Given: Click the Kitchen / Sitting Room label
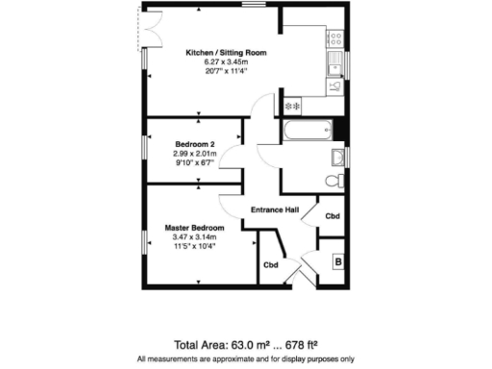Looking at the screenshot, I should click(x=227, y=52).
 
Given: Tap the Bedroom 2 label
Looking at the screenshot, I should click(x=194, y=143).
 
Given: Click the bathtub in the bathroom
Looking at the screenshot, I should click(x=305, y=130).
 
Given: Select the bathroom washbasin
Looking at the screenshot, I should click(x=337, y=157).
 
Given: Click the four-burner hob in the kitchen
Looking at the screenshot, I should click(x=337, y=40).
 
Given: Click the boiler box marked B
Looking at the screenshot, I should click(x=337, y=259).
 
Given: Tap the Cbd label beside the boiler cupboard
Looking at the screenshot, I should click(x=332, y=216).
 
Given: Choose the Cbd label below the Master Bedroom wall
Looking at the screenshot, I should click(x=271, y=264).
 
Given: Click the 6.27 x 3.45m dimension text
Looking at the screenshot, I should click(x=227, y=61).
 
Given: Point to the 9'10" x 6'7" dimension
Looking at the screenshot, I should click(x=194, y=162).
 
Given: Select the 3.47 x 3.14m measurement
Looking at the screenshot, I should click(x=194, y=236).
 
